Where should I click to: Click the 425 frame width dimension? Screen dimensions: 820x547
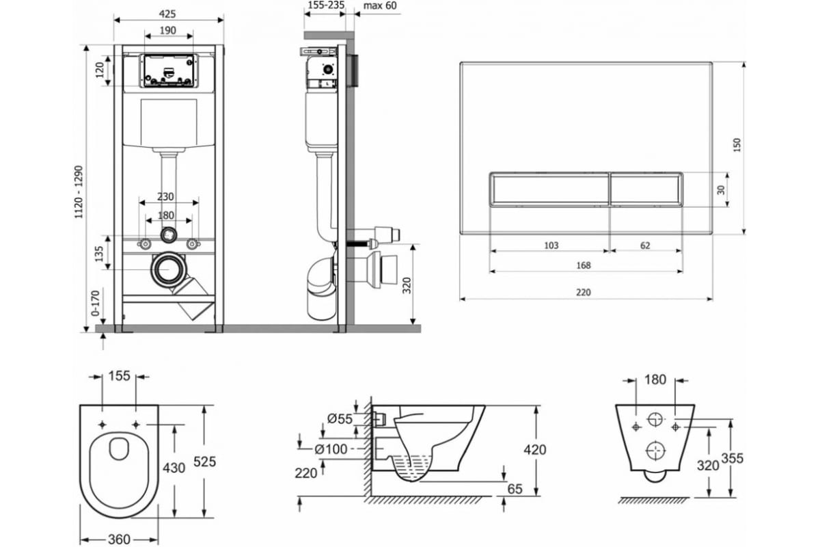pyautogui.click(x=167, y=14)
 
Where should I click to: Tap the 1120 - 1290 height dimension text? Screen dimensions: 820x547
pyautogui.click(x=79, y=192)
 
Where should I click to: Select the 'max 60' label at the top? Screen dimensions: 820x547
pyautogui.click(x=380, y=5)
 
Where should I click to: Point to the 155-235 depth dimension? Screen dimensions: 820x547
pyautogui.click(x=326, y=5)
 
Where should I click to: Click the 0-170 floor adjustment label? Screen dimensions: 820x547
pyautogui.click(x=95, y=304)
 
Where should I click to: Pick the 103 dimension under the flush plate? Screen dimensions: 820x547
pyautogui.click(x=551, y=245)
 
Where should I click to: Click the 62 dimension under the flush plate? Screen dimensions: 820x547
pyautogui.click(x=645, y=245)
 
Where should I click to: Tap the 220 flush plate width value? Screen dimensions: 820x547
pyautogui.click(x=584, y=293)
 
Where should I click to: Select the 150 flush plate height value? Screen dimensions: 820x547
pyautogui.click(x=737, y=145)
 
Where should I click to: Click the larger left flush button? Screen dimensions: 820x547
pyautogui.click(x=549, y=189)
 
